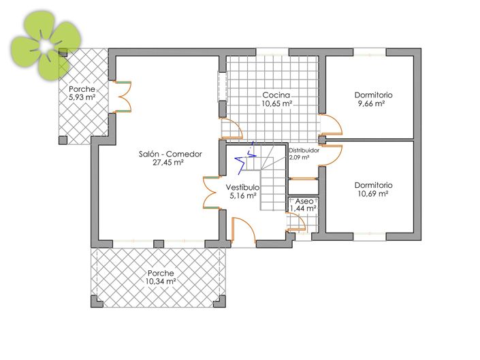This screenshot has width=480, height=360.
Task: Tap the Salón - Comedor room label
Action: tap(170, 154)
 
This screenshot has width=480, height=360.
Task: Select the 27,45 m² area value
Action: tap(170, 163)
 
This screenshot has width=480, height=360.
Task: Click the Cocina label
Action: tap(277, 95)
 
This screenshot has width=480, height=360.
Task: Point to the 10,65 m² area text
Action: tap(277, 103)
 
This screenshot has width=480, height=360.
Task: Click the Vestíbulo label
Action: tap(242, 186)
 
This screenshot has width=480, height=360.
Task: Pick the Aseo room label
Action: tap(304, 201)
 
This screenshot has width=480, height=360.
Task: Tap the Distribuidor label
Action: tap(304, 150)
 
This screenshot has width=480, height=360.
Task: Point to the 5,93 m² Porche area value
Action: tap(82, 98)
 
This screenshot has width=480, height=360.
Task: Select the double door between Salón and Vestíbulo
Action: tap(210, 191)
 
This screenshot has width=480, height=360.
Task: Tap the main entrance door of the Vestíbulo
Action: tap(243, 231)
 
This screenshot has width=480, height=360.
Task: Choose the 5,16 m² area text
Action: tap(242, 195)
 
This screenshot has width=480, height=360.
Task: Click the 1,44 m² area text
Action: tap(304, 210)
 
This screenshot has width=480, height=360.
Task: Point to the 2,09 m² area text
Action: tap(300, 157)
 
